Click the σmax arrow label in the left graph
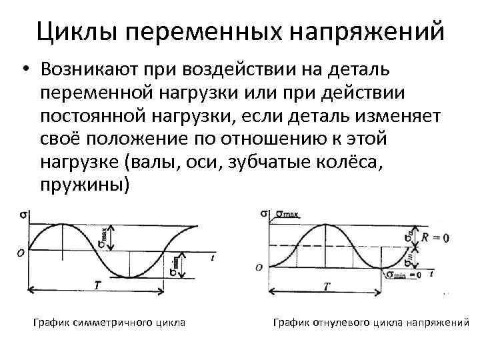coord(103,234)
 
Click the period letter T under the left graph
coord(97,285)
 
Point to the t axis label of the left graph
coord(211,257)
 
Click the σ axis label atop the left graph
coord(23,215)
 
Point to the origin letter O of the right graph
coord(259,267)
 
